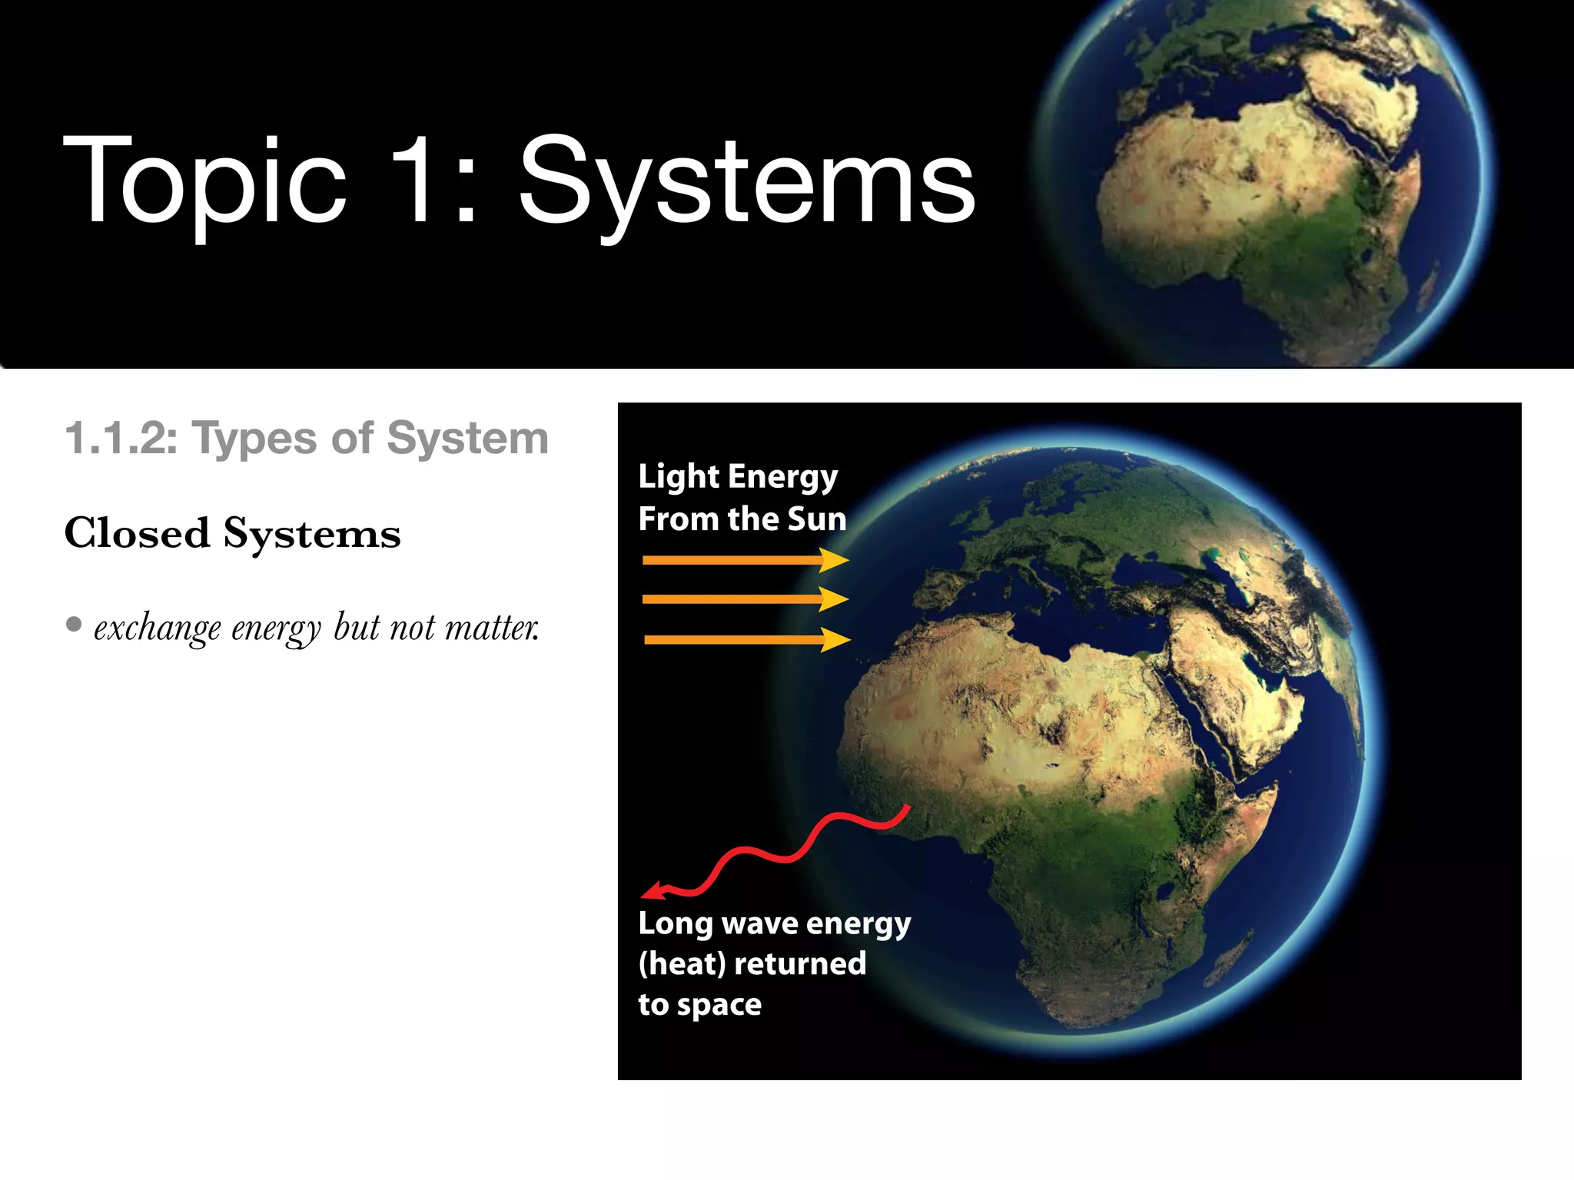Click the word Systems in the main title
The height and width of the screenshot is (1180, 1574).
[x=747, y=184]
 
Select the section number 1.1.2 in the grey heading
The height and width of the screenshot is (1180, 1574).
[x=121, y=439]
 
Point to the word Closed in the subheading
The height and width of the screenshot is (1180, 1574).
[x=137, y=533]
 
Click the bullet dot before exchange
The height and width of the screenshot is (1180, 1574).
[x=74, y=624]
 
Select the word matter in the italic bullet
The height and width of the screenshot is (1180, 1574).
[x=492, y=628]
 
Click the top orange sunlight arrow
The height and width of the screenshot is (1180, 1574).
[x=744, y=560]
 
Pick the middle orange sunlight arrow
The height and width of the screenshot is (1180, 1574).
[x=744, y=599]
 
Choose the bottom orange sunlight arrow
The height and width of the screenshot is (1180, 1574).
[x=745, y=639]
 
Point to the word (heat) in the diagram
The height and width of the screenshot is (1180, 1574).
[x=682, y=963]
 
